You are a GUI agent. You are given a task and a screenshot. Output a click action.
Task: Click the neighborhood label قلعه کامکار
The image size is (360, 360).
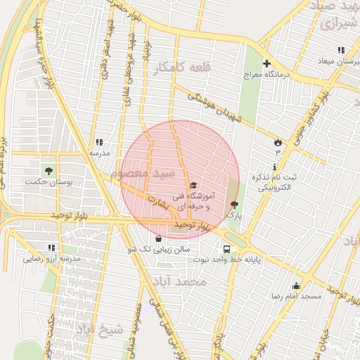pyautogui.click(x=173, y=67)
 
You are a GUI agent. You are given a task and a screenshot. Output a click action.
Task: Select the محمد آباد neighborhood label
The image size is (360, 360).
pyautogui.click(x=181, y=281)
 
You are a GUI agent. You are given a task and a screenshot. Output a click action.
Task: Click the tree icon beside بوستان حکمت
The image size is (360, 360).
pyautogui.click(x=49, y=171)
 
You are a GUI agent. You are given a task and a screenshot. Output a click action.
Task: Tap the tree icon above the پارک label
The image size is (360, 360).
pyautogui.click(x=234, y=205)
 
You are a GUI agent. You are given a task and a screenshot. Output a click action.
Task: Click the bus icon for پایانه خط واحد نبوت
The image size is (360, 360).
pyautogui.click(x=226, y=249)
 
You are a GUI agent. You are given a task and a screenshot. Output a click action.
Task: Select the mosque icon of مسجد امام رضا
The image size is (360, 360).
pyautogui.click(x=296, y=285)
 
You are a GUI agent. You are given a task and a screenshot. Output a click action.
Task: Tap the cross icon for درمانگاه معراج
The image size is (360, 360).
pyautogui.click(x=266, y=63)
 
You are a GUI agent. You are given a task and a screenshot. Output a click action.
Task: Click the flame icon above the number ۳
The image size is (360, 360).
pyautogui.click(x=278, y=143)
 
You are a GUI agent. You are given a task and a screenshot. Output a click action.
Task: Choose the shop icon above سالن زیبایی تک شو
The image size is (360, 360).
pyautogui.click(x=157, y=239)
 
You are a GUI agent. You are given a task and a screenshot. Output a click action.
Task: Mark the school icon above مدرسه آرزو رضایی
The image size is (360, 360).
pyautogui.click(x=51, y=247)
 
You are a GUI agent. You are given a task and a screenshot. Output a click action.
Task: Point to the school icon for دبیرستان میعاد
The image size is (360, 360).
pyautogui.click(x=341, y=51)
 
